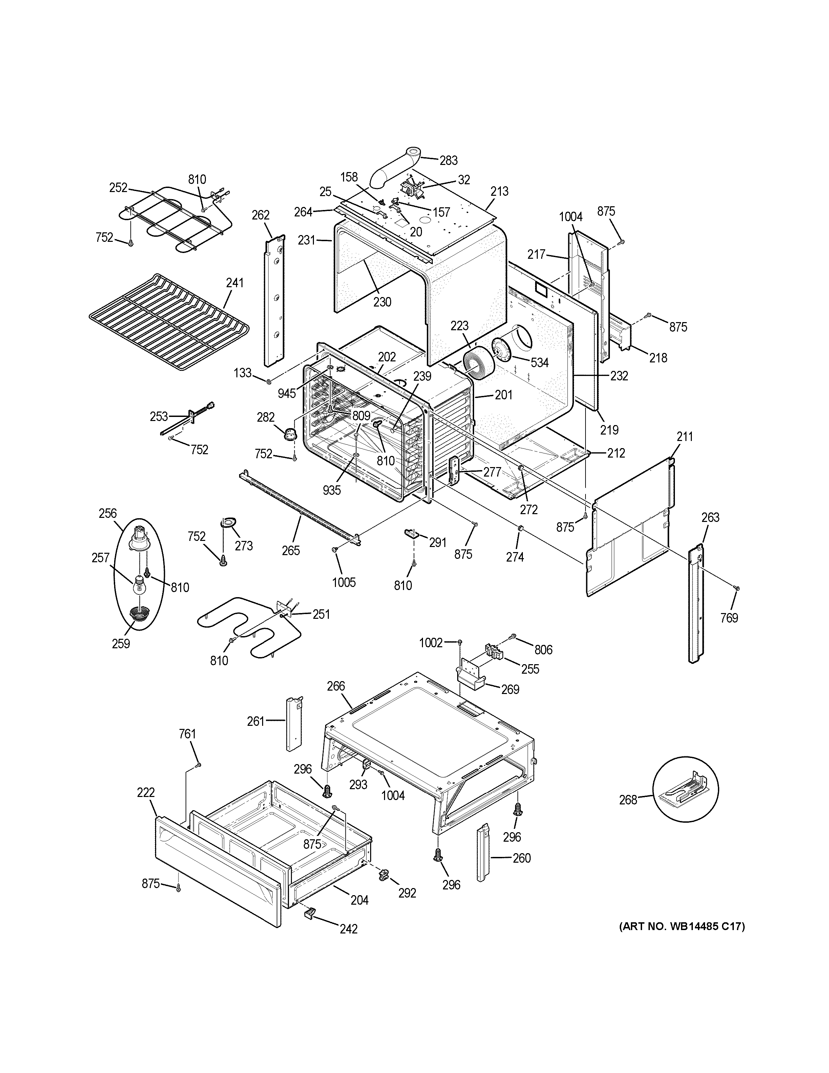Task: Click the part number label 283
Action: pos(448,160)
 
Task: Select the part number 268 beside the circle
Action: pos(628,800)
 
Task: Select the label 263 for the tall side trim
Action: pos(710,517)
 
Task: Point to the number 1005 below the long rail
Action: pos(344,583)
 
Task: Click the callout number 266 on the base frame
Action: pos(336,686)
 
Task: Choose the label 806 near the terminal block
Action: pos(544,650)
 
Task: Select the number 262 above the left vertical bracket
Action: pos(260,215)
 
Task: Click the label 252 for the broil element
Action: pos(119,188)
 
